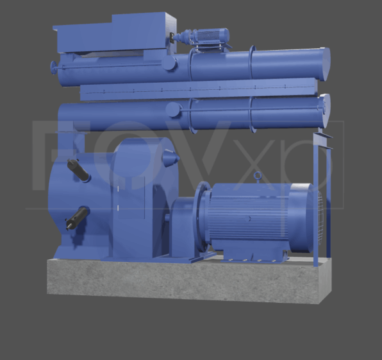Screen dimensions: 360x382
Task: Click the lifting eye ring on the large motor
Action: [x=258, y=175]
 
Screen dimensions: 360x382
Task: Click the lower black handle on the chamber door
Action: [x=76, y=219]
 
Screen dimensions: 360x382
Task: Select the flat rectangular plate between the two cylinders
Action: [x=199, y=89]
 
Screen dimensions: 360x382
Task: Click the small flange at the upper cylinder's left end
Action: [x=55, y=66]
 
